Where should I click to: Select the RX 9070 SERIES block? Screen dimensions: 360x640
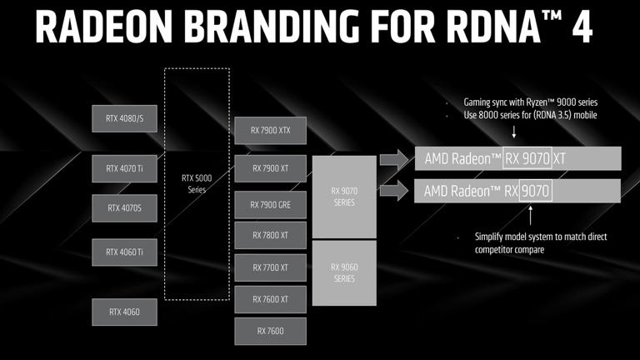coord(343,197)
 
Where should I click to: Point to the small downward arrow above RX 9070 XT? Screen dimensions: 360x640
coord(513,133)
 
